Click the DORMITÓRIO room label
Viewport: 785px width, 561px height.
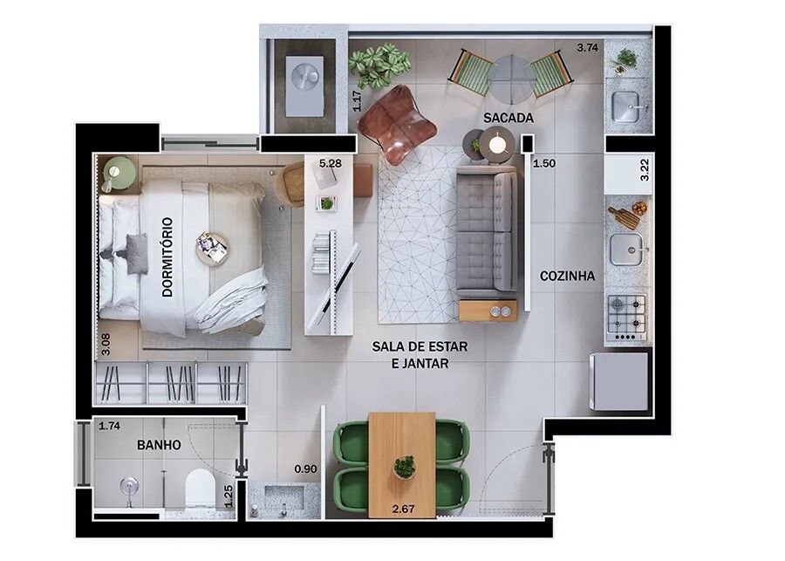point(167,257)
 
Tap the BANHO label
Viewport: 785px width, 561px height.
point(159,445)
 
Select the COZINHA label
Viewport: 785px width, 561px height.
point(567,276)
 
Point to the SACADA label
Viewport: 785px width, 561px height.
point(509,118)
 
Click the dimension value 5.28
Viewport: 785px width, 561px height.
point(330,163)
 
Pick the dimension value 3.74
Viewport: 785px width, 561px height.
point(587,48)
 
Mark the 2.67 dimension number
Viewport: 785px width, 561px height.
point(403,510)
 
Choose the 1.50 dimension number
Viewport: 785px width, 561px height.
point(544,163)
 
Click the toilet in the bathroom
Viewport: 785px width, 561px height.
point(200,489)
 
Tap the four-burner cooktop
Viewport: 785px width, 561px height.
point(626,315)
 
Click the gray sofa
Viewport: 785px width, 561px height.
point(487,231)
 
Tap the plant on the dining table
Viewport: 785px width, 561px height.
point(404,467)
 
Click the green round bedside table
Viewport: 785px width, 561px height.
point(119,174)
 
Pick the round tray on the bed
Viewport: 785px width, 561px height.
point(212,248)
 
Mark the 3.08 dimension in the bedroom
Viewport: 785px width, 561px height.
point(106,345)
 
